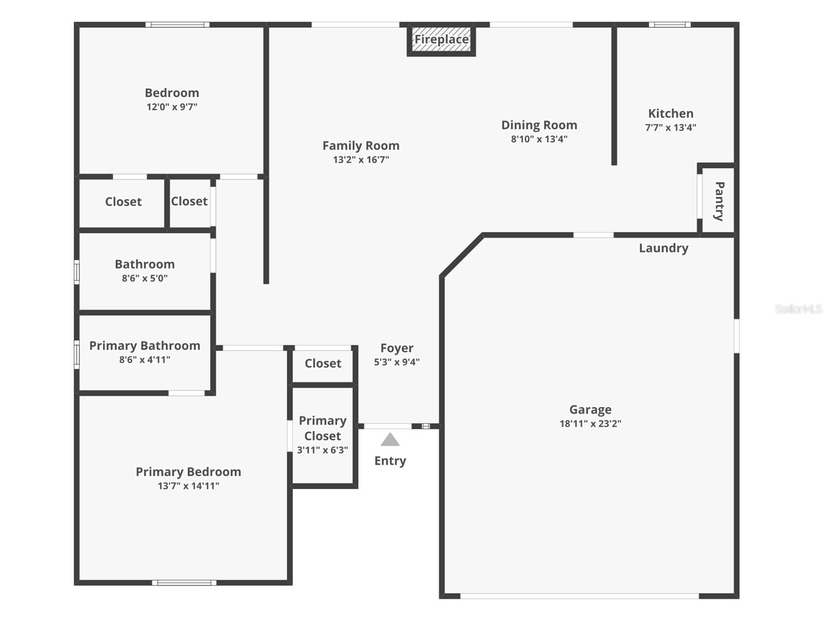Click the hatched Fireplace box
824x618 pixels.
pos(441,40)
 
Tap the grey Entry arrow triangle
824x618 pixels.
pos(390,440)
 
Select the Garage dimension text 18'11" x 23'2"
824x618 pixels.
pos(590,424)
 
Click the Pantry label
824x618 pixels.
pos(719,201)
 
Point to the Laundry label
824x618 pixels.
pos(663,248)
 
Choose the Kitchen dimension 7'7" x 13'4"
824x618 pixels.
pos(671,127)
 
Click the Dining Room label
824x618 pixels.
pos(539,125)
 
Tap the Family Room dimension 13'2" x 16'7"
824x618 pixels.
pos(361,160)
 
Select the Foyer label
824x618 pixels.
pos(397,348)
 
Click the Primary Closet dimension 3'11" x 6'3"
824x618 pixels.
pos(322,450)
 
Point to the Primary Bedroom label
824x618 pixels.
pos(188,472)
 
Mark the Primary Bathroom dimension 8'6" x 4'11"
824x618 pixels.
pos(145,360)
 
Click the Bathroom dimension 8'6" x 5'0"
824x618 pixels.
pos(145,278)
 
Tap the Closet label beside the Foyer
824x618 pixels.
pos(323,363)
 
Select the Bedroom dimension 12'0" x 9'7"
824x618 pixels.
pos(172,107)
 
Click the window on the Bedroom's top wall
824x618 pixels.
pos(177,24)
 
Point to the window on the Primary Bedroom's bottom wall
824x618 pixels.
pos(184,583)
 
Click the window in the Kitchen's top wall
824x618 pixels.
pos(669,24)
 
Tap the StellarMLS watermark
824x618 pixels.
pos(798,309)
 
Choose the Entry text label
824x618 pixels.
pos(390,461)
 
